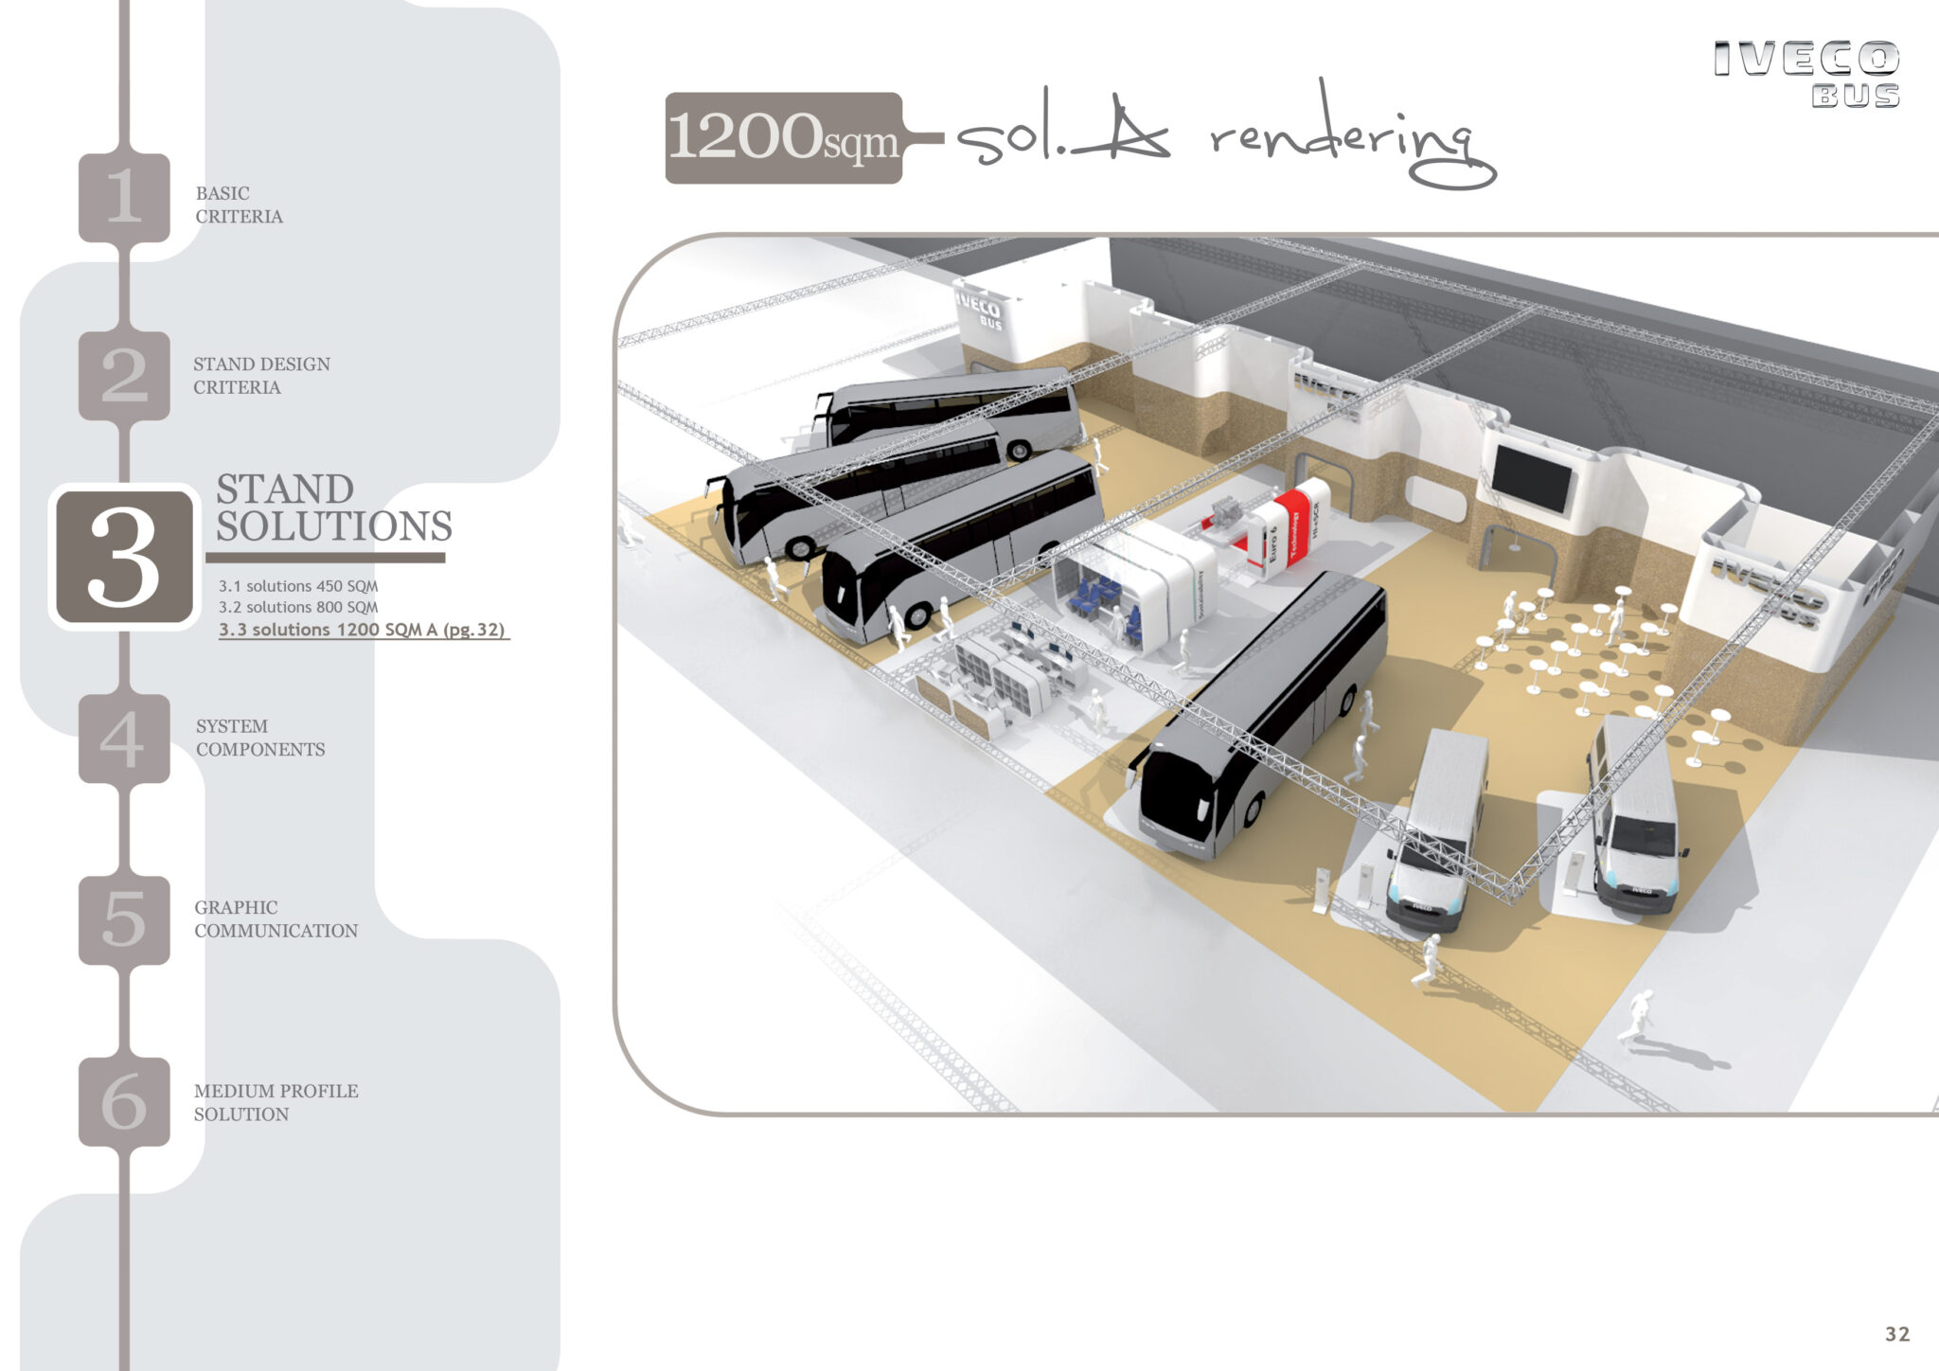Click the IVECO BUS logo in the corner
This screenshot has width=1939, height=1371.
[1806, 74]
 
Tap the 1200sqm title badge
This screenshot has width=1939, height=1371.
[783, 138]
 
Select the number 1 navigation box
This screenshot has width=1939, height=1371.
[124, 197]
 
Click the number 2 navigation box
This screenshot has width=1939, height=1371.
[124, 375]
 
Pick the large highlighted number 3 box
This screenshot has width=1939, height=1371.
[124, 558]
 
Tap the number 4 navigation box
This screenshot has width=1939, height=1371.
[124, 739]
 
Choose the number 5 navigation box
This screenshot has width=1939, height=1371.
[124, 919]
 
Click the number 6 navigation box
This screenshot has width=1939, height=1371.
[124, 1101]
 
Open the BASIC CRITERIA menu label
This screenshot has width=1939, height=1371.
[239, 205]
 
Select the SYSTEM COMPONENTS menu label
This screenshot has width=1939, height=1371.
[259, 738]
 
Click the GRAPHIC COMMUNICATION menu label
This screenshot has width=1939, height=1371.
[276, 918]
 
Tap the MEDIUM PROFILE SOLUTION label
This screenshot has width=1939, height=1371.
[276, 1102]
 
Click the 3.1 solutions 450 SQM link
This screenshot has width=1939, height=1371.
[298, 586]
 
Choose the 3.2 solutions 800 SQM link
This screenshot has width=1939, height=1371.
[298, 607]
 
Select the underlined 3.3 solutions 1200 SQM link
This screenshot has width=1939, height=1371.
[362, 630]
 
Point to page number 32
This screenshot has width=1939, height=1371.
[1896, 1334]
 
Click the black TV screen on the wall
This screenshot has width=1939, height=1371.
[1532, 478]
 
